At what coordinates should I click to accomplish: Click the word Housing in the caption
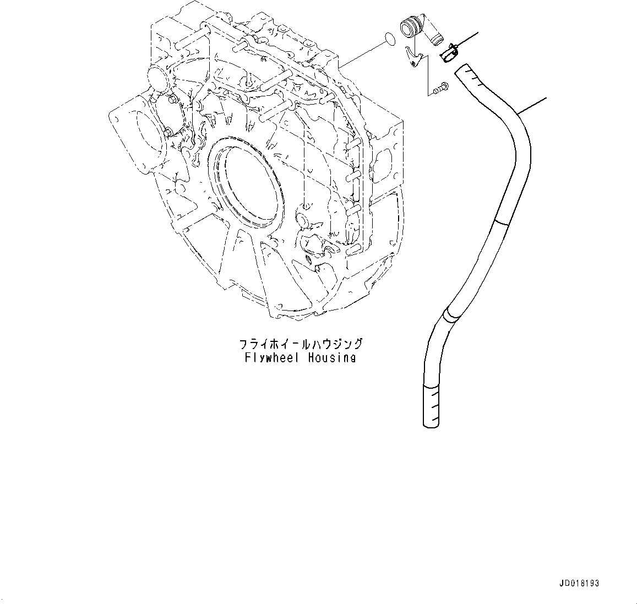332,358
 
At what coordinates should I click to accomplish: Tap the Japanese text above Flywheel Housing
301,344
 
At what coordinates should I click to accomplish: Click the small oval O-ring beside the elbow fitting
389,38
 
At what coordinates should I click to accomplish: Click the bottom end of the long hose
432,421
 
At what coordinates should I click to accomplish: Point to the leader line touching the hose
533,106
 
